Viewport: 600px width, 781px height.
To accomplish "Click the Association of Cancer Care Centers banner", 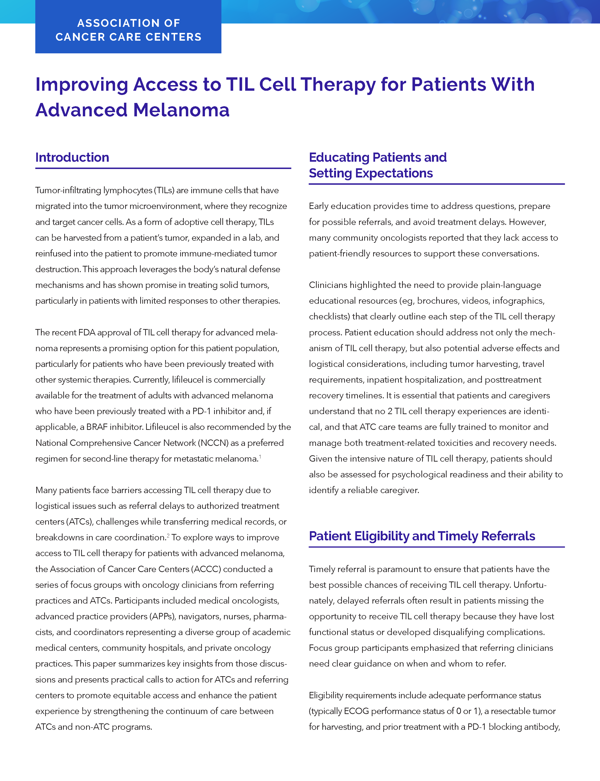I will click(128, 30).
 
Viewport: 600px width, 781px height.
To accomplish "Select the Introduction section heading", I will click(72, 157).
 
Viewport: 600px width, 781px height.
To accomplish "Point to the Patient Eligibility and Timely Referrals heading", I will click(422, 536).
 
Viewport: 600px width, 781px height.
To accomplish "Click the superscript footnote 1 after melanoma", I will click(260, 457).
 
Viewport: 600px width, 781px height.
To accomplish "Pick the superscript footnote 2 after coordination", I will click(168, 535).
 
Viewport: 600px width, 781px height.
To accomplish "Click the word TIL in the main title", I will click(240, 85).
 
